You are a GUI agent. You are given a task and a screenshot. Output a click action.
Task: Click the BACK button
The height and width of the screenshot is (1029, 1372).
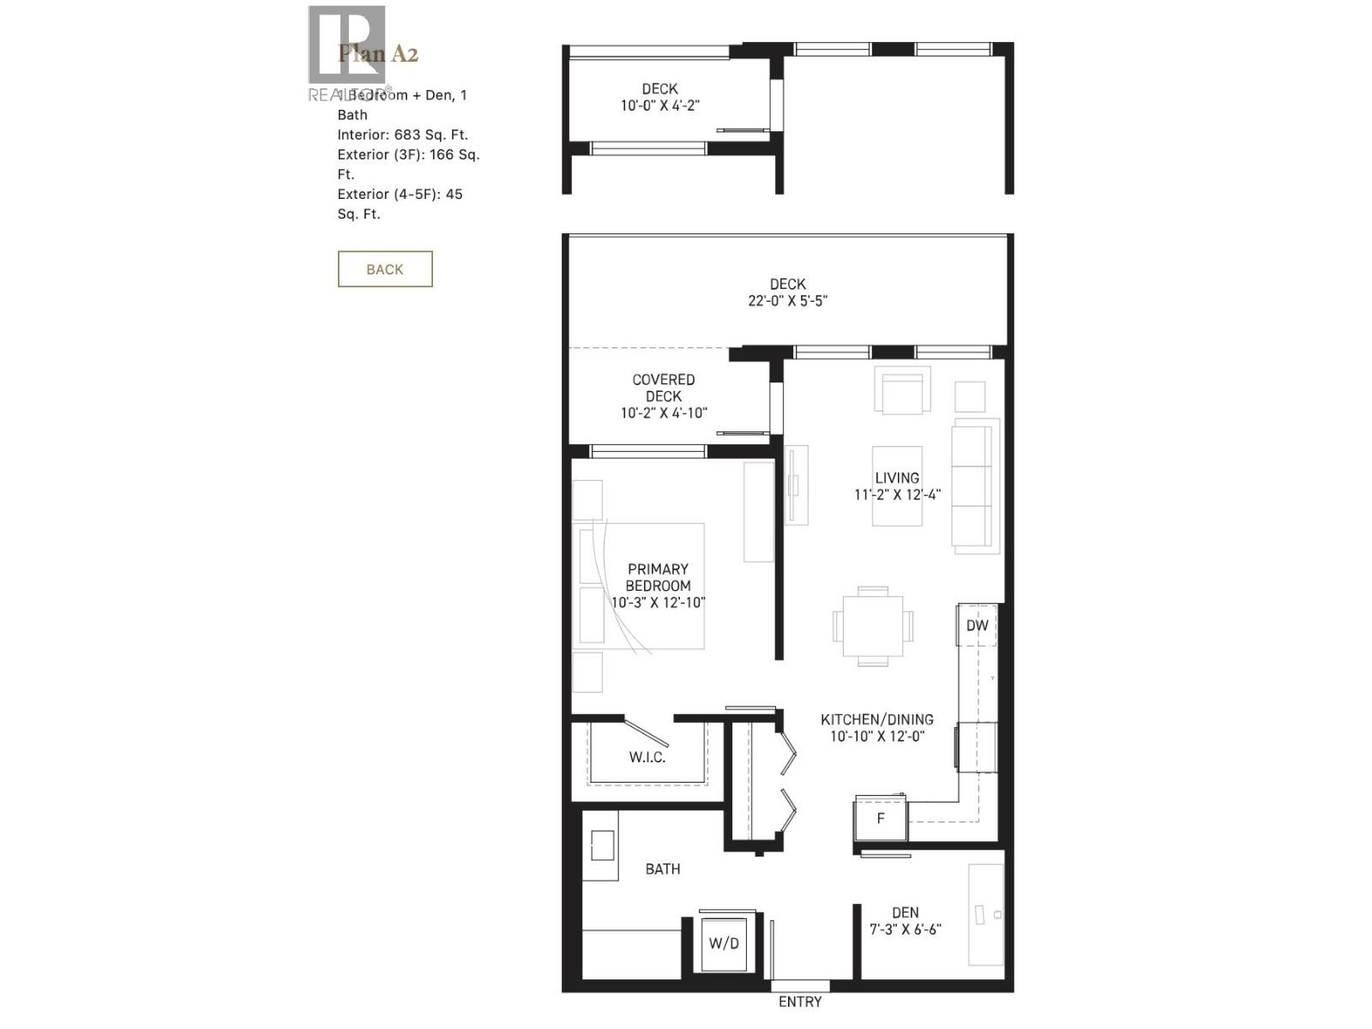point(384,269)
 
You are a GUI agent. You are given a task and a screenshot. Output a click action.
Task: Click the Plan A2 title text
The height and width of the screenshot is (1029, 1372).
point(378,54)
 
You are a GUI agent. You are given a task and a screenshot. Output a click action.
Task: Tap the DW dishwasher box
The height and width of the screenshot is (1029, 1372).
point(977,625)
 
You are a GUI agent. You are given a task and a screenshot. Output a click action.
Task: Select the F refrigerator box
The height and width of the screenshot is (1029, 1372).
point(881,819)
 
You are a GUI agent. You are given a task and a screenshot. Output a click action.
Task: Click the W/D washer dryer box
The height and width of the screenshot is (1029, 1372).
point(724,943)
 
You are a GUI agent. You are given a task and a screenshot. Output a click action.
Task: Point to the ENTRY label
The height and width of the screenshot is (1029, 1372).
point(799,1002)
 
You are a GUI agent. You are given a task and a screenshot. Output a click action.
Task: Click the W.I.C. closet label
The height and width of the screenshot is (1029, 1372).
point(647,757)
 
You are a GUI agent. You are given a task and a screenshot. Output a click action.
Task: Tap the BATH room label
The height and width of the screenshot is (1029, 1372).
point(663,869)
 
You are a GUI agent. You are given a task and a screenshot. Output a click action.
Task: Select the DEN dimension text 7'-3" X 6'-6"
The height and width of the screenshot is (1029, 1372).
point(906,930)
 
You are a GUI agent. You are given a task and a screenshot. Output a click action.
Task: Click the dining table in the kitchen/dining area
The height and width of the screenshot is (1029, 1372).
point(873,625)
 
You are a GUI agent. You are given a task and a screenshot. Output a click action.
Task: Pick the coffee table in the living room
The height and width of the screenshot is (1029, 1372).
point(897,486)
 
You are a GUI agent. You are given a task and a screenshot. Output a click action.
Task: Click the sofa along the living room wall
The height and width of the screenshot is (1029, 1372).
point(975,486)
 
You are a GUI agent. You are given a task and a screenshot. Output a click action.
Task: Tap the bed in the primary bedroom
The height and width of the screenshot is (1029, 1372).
point(643,586)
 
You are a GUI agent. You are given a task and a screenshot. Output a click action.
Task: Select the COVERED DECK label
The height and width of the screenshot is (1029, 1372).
point(664,388)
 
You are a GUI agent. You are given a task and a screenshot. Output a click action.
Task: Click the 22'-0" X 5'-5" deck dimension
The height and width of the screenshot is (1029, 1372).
point(787,301)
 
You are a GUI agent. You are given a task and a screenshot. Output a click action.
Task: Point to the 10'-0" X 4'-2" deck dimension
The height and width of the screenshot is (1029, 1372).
point(659,105)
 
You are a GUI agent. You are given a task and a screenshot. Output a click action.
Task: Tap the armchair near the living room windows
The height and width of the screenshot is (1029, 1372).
point(902,391)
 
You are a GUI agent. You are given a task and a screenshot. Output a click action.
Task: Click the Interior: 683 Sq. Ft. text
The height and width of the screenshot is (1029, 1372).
point(402,135)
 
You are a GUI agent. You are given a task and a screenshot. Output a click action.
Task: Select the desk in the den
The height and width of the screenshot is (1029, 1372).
point(986,915)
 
